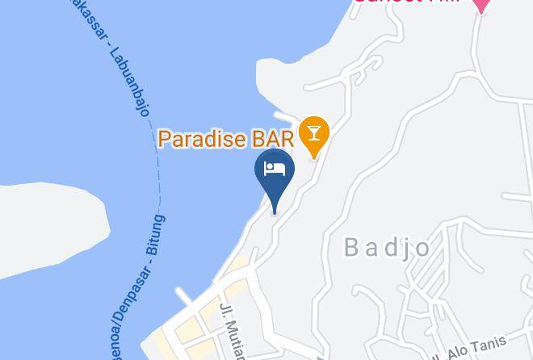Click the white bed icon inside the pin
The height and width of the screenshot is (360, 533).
pos(275,168)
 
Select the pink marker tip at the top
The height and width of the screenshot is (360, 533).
pos(481,6)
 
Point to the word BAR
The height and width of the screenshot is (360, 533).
pos(272,139)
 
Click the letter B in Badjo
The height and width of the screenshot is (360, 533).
pos(352,247)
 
